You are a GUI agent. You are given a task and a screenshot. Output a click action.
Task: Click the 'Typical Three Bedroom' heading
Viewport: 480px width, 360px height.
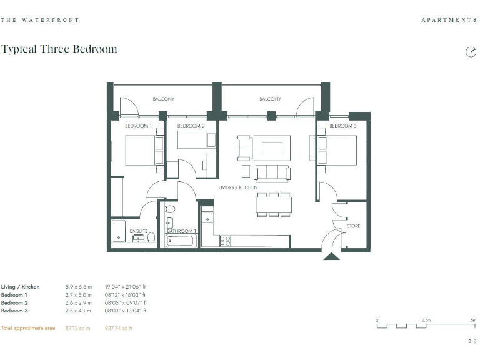pyautogui.click(x=59, y=49)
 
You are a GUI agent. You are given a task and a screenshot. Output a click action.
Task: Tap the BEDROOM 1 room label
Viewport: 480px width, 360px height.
pyautogui.click(x=138, y=126)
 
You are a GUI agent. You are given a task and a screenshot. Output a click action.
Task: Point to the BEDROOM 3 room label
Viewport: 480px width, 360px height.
pyautogui.click(x=342, y=126)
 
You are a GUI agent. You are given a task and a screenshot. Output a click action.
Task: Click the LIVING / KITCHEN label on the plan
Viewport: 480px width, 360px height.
pyautogui.click(x=237, y=187)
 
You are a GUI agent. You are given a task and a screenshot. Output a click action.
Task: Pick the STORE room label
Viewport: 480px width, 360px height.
pyautogui.click(x=353, y=226)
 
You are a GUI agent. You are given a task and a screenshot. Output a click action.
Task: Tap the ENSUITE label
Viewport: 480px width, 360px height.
pyautogui.click(x=139, y=232)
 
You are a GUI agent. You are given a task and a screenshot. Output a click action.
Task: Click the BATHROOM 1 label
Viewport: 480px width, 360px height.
pyautogui.click(x=182, y=232)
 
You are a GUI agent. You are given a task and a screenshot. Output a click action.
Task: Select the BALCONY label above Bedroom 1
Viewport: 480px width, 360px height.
pyautogui.click(x=164, y=99)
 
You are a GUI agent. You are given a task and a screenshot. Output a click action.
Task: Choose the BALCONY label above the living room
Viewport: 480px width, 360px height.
pyautogui.click(x=270, y=99)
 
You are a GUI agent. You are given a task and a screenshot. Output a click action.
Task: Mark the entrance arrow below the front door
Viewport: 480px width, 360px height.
pyautogui.click(x=331, y=256)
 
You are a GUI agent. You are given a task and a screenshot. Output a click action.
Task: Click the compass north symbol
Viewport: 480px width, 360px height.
pyautogui.click(x=471, y=52)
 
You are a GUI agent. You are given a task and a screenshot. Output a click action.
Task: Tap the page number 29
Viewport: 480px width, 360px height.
pyautogui.click(x=472, y=341)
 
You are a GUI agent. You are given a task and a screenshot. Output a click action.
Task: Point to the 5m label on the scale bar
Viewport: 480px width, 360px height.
pyautogui.click(x=472, y=320)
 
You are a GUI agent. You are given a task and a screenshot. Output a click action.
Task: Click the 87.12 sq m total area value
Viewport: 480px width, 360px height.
pyautogui.click(x=79, y=328)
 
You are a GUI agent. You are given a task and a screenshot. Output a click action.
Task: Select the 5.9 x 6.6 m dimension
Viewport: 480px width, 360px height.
pyautogui.click(x=79, y=287)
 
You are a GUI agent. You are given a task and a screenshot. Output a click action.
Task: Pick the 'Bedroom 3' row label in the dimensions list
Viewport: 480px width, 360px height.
pyautogui.click(x=14, y=311)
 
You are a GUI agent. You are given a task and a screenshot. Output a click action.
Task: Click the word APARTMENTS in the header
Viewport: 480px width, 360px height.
pyautogui.click(x=449, y=21)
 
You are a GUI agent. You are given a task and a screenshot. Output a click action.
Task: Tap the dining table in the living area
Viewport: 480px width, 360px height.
pyautogui.click(x=274, y=205)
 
